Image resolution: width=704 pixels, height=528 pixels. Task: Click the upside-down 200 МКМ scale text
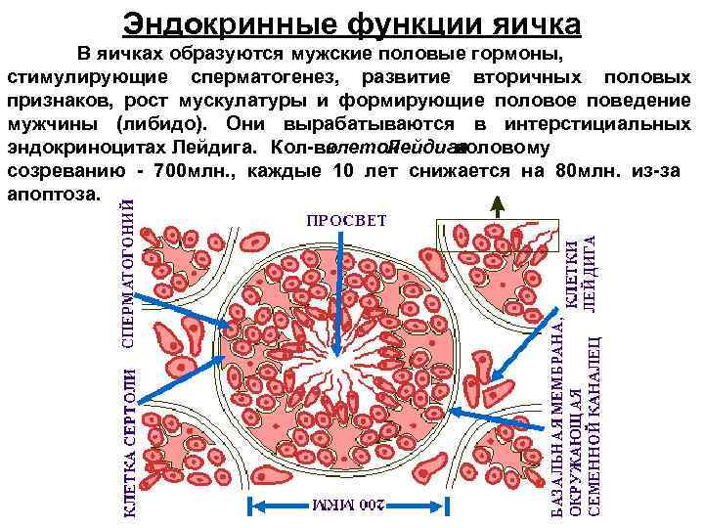coord(351,506)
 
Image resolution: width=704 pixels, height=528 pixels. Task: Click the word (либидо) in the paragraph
coord(162,124)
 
